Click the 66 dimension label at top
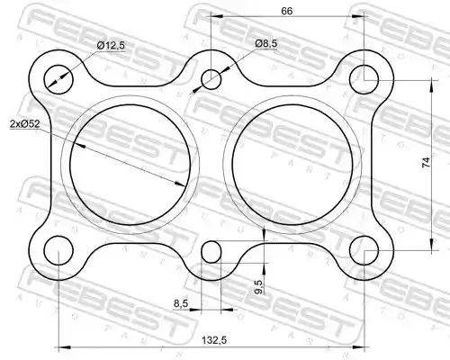pyautogui.click(x=286, y=11)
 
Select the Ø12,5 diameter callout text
pyautogui.click(x=111, y=46)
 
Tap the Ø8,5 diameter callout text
pyautogui.click(x=266, y=44)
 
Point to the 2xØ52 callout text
pyautogui.click(x=24, y=124)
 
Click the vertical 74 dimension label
pyautogui.click(x=426, y=162)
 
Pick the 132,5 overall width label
pyautogui.click(x=214, y=340)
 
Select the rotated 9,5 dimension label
pyautogui.click(x=259, y=287)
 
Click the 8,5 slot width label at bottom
pyautogui.click(x=181, y=303)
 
